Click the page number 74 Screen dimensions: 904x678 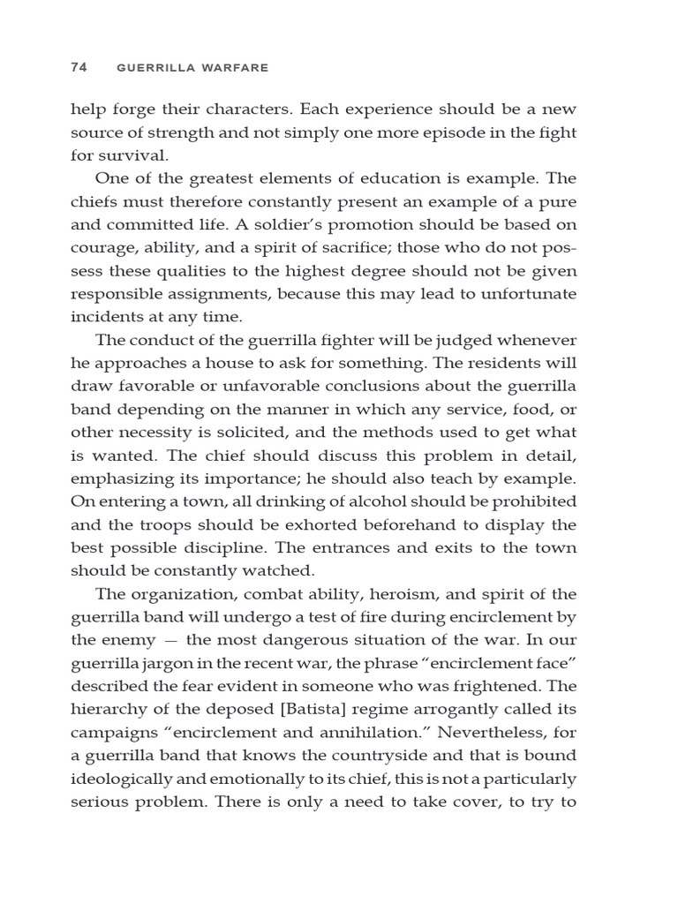79,67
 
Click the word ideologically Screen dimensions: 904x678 121,776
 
